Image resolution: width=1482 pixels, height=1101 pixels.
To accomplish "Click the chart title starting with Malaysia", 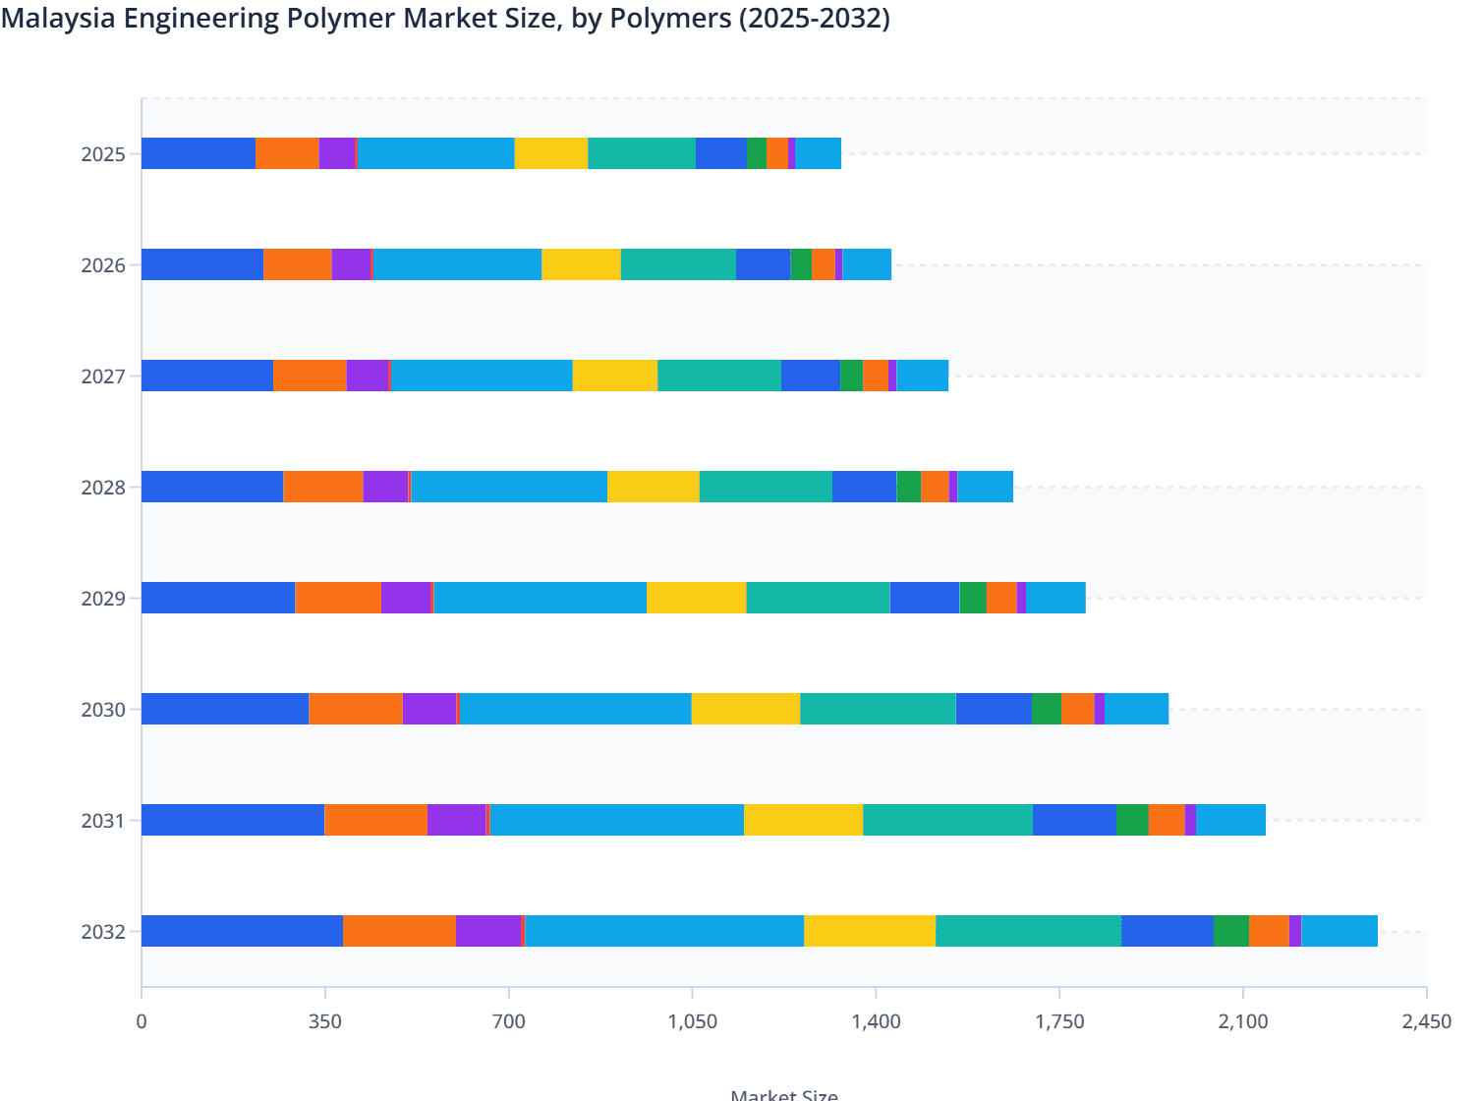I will (445, 19).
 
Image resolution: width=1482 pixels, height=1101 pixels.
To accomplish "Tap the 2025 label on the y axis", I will (103, 154).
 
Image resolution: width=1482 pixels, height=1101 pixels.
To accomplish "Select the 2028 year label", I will (103, 488).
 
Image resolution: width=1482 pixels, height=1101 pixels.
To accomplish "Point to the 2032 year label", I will (103, 932).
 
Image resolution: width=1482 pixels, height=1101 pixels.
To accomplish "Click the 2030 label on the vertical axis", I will (103, 710).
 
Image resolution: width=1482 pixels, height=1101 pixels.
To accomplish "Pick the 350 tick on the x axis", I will (324, 1021).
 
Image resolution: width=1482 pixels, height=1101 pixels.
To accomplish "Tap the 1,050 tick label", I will (692, 1021).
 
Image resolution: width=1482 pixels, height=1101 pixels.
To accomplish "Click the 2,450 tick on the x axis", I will (1426, 1021).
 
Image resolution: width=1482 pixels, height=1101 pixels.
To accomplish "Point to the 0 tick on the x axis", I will (142, 1021).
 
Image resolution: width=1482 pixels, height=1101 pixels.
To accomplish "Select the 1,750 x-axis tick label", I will (1059, 1021).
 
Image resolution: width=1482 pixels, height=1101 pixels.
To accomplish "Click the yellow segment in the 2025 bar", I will (551, 153).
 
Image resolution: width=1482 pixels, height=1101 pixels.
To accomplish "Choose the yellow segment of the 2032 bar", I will (870, 931).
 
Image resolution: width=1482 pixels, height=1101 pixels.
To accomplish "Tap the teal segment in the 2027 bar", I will (719, 376).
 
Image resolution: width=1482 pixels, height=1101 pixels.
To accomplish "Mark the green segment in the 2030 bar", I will (1046, 709).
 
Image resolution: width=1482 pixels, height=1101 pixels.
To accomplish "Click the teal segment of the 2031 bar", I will (947, 820).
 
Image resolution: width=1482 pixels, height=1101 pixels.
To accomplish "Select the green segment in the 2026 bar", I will (801, 264).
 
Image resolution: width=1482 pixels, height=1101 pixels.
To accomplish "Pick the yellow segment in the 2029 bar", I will (696, 598).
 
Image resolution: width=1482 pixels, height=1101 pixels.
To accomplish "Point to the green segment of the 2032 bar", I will (1231, 931).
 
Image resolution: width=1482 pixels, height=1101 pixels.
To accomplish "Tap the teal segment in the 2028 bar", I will (766, 487).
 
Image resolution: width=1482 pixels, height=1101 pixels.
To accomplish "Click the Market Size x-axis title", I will (784, 1094).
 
